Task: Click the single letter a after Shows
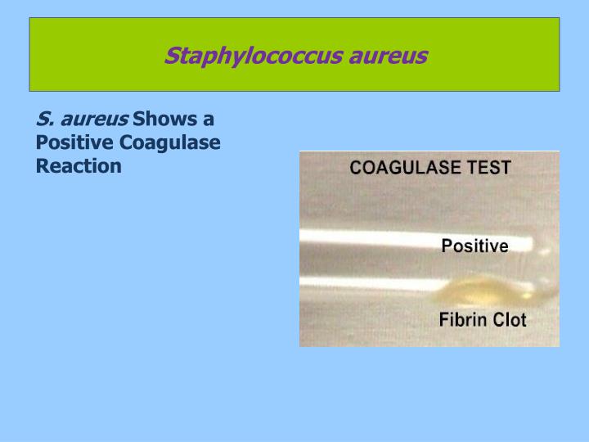[x=209, y=120]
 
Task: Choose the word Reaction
[x=79, y=165]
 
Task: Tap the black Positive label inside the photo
[x=474, y=246]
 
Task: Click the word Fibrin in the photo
[x=463, y=320]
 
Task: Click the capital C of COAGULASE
[x=355, y=168]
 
